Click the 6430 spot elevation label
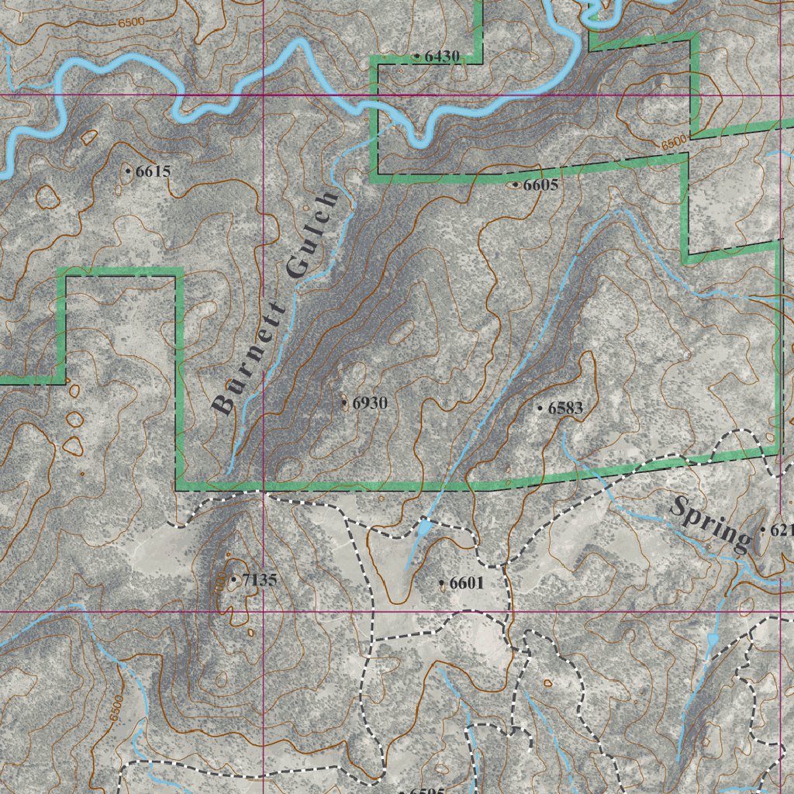(442, 56)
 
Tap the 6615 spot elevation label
(152, 171)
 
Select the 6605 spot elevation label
(540, 185)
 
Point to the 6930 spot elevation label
(369, 402)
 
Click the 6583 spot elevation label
(564, 407)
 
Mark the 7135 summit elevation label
(259, 579)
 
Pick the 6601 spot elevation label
(466, 582)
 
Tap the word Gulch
(312, 233)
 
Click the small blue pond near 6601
(423, 530)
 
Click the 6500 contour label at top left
(131, 22)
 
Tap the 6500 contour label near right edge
(675, 143)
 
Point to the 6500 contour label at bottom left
(116, 709)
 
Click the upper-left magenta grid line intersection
(263, 95)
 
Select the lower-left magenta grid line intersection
(263, 611)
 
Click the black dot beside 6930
(345, 402)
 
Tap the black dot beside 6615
(128, 169)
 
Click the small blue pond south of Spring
(713, 640)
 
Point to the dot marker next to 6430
(417, 56)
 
